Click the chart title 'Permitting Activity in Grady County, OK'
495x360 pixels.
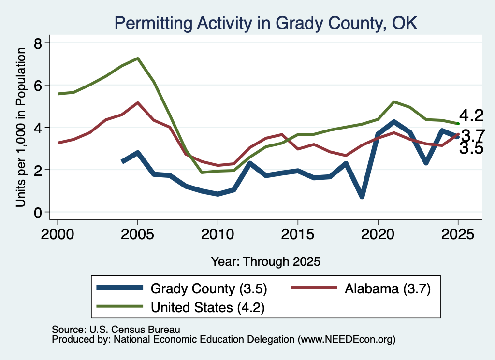[265, 23]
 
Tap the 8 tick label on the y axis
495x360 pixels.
[38, 43]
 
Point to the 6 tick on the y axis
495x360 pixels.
[38, 85]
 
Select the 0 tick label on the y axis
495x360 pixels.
[38, 213]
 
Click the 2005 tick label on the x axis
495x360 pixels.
[137, 234]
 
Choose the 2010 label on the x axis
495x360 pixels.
[218, 234]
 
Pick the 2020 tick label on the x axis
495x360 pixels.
[378, 234]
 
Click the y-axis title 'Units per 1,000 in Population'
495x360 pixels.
[21, 127]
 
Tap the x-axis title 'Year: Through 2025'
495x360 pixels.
[265, 261]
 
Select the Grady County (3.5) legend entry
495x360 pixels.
[182, 288]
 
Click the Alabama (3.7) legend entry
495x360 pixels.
[361, 288]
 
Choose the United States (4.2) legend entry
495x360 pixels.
[180, 307]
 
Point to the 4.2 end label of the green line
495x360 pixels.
[471, 115]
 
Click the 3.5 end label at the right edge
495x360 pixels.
[471, 148]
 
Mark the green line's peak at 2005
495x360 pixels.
[138, 58]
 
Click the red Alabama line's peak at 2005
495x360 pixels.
[138, 102]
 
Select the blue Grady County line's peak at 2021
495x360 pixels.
[393, 122]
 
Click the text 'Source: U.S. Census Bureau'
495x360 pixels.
[116, 330]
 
